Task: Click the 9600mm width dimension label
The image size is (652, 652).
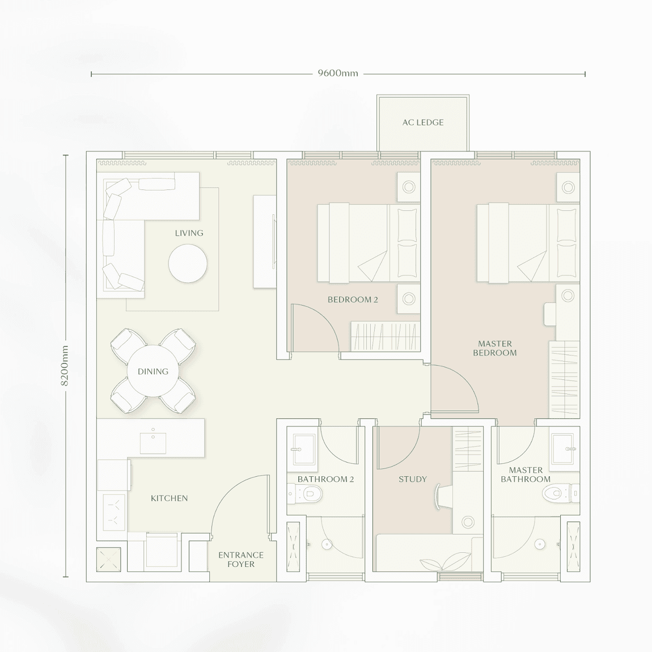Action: tap(338, 73)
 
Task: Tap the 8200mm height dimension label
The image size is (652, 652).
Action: tap(65, 366)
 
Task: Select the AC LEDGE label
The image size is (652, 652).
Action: tap(423, 122)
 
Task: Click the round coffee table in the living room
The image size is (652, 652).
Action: tap(188, 264)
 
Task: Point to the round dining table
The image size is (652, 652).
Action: tap(153, 371)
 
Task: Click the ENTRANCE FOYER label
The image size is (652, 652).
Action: tap(241, 560)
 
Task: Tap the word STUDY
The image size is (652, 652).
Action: tap(413, 479)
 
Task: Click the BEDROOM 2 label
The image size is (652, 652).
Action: tap(353, 299)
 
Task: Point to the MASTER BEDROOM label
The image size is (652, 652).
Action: tap(495, 348)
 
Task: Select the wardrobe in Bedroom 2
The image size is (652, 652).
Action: tap(386, 336)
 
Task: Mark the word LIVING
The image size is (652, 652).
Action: tap(189, 233)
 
